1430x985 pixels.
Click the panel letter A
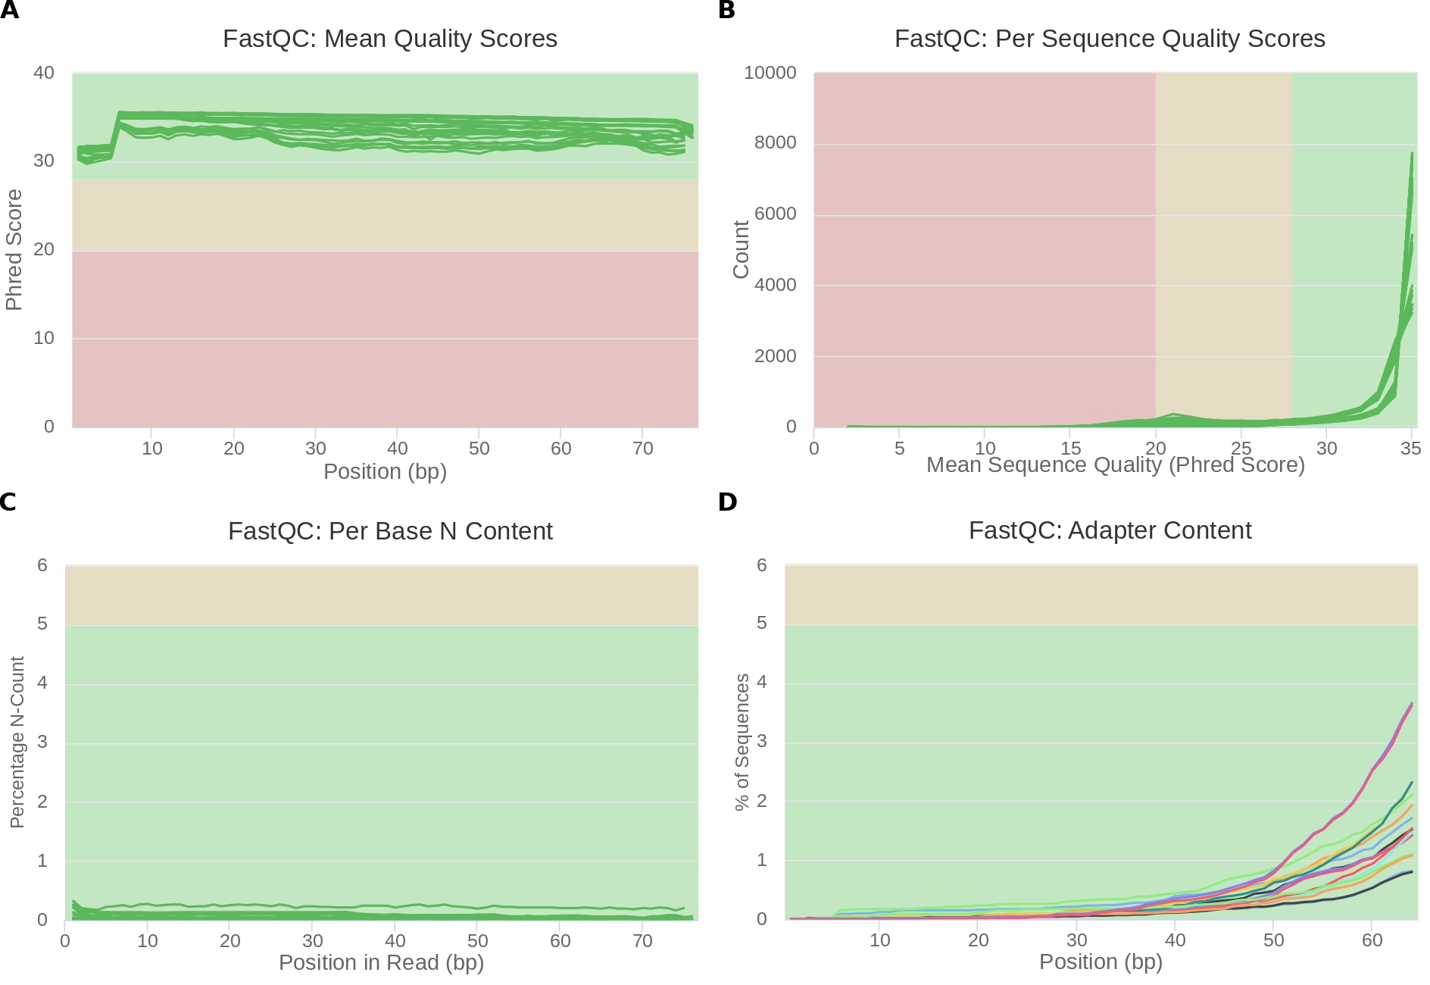[x=9, y=11]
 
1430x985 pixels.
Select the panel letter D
[x=727, y=502]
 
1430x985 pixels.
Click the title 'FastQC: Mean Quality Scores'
[x=389, y=39]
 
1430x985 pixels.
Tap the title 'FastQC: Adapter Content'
[x=1110, y=530]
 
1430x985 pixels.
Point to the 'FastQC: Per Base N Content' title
[x=390, y=531]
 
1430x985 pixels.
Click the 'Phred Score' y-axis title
[x=14, y=250]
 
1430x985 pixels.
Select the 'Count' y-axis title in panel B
[x=741, y=250]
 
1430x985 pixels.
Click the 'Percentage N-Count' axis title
[x=17, y=743]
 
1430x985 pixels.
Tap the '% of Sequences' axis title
[x=742, y=743]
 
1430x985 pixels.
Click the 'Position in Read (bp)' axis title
[x=381, y=962]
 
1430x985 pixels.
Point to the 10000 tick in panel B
[x=770, y=73]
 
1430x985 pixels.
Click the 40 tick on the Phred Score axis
[x=44, y=73]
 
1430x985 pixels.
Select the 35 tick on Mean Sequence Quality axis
[x=1410, y=449]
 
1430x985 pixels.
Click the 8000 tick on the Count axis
[x=776, y=142]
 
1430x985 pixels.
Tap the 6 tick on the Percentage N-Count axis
[x=42, y=565]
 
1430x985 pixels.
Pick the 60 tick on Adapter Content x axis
[x=1372, y=940]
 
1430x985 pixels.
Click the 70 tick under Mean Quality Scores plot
[x=642, y=449]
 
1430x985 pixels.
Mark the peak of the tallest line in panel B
[x=1412, y=153]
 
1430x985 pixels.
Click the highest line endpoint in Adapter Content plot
[x=1412, y=703]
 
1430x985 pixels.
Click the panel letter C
[x=8, y=502]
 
